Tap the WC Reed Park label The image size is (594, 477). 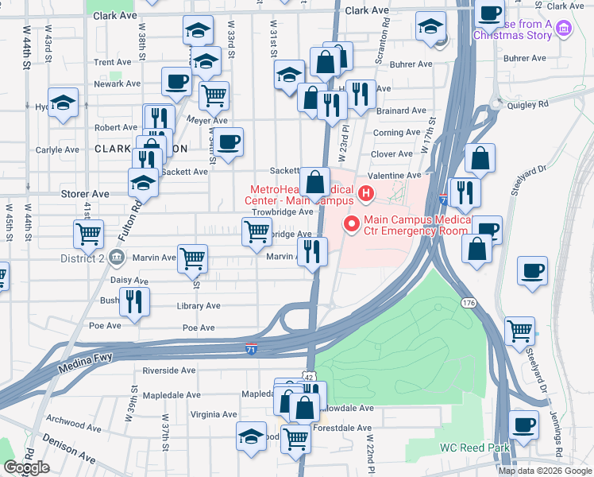(x=475, y=448)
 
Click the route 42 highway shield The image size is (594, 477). (x=310, y=375)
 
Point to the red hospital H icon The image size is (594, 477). (x=365, y=192)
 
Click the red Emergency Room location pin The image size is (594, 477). (x=351, y=225)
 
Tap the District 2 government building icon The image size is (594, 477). (x=116, y=258)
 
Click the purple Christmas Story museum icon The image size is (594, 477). (x=565, y=29)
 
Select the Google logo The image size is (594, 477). (x=26, y=467)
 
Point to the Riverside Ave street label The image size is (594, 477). (x=168, y=370)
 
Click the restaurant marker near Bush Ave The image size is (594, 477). (x=133, y=301)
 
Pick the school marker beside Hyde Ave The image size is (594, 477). (x=63, y=103)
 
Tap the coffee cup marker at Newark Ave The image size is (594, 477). (x=177, y=80)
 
